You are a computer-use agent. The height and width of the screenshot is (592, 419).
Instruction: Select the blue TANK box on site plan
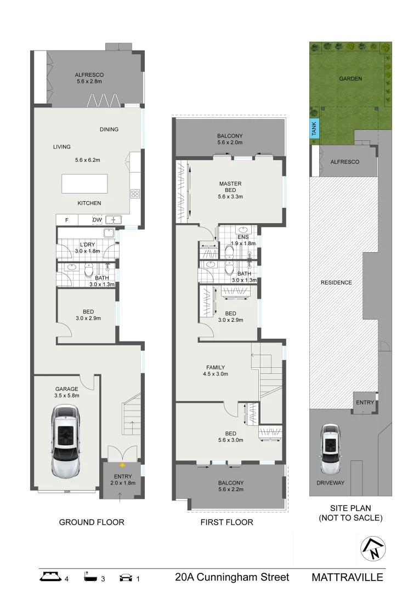coord(314,129)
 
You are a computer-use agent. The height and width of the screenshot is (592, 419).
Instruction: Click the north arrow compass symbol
coord(373,548)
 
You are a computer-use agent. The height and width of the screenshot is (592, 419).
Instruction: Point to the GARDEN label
coord(350,78)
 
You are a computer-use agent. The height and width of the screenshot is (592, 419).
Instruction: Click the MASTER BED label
coord(230,187)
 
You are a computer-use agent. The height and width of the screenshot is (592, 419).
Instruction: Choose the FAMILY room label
coord(215,368)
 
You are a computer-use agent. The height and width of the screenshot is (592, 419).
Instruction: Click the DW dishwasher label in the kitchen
coord(97,220)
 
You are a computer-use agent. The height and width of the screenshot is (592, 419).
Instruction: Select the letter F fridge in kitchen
coord(67,220)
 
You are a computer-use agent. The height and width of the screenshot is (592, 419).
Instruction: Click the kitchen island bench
coord(84,184)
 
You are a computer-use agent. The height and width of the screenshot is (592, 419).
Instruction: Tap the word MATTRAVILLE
coord(347,577)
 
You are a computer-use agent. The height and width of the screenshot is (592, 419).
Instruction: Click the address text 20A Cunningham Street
coord(232,577)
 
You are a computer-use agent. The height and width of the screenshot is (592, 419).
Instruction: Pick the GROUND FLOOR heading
coord(92,522)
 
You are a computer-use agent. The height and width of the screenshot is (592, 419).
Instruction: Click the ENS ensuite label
coord(243,237)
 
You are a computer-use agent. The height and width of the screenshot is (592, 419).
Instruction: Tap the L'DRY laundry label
coord(88,244)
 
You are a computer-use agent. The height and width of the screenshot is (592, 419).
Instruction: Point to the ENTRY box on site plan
coord(365,402)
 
